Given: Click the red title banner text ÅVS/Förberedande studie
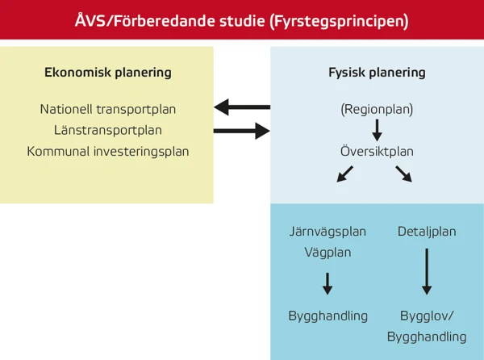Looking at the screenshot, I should point(242,19).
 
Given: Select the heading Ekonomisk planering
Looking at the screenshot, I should point(107,72).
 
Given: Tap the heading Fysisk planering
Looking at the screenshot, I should point(377,72).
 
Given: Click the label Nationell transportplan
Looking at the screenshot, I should point(107,109).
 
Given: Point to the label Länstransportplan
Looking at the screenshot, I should point(107,130).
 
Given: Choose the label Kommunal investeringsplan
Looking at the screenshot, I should point(107,151).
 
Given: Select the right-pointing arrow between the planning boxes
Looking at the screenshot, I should point(241,130).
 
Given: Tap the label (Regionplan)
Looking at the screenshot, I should point(377,109).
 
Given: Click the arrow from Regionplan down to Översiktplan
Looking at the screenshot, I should point(377,129).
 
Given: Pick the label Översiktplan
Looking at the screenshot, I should point(377,151).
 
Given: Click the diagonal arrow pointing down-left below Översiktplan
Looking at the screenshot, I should point(344,173).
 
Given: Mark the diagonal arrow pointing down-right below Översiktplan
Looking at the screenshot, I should point(403,173).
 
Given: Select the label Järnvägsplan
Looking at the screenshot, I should point(328,232).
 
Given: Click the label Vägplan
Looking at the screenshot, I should point(328,252).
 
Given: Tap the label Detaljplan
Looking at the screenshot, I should point(427,232).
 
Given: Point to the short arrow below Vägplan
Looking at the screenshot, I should point(328,283).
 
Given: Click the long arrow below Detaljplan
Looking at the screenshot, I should point(427,272).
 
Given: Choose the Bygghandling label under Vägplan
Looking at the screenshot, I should point(328,316).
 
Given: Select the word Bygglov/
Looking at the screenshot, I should point(427,316).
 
